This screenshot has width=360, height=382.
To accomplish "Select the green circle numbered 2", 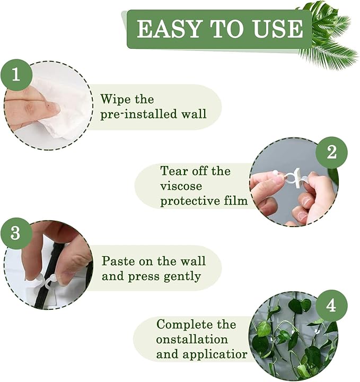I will (x=331, y=152).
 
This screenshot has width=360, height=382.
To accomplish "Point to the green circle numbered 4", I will (x=331, y=306).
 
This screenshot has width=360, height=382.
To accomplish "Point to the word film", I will (x=235, y=201).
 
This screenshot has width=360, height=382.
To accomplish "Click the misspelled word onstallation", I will (x=192, y=338).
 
